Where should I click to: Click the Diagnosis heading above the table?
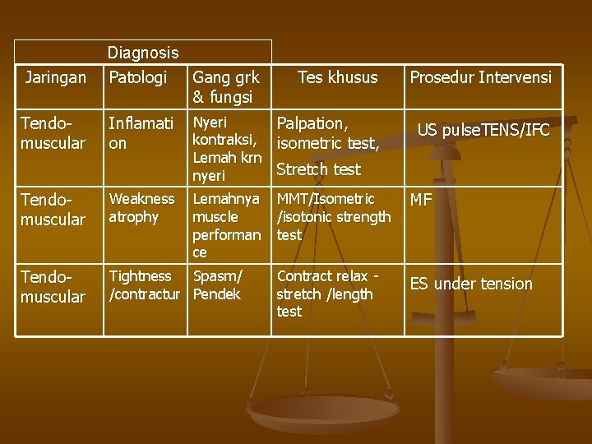(143, 53)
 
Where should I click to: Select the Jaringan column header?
(55, 78)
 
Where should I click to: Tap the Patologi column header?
(138, 78)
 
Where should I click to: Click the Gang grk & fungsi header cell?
(225, 87)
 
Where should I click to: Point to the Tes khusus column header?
(337, 78)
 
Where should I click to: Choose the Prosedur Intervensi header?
(481, 78)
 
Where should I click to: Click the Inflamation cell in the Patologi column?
(141, 133)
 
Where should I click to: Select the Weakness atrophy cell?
(141, 208)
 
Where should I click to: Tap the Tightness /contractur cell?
(145, 284)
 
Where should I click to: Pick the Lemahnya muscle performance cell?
(227, 225)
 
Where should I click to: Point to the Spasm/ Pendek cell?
(218, 284)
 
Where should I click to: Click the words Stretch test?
(318, 170)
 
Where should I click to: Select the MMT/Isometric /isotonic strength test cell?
(334, 217)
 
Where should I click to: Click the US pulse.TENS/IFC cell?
(483, 130)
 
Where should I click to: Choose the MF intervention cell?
(421, 200)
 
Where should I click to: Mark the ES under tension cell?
(471, 284)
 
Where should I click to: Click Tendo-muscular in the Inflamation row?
(53, 133)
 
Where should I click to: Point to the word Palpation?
(312, 124)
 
